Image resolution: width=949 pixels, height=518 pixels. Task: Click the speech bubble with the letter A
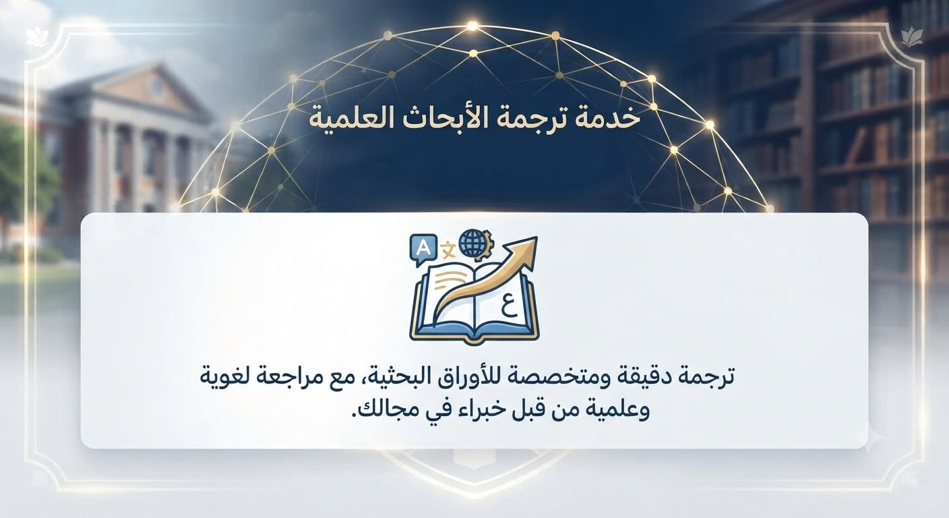[423, 250]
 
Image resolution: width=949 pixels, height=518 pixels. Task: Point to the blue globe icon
[472, 243]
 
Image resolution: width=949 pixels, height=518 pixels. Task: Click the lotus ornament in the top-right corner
[911, 36]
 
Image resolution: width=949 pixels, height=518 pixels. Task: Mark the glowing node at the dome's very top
[472, 27]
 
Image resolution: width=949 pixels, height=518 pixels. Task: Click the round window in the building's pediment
[157, 86]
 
